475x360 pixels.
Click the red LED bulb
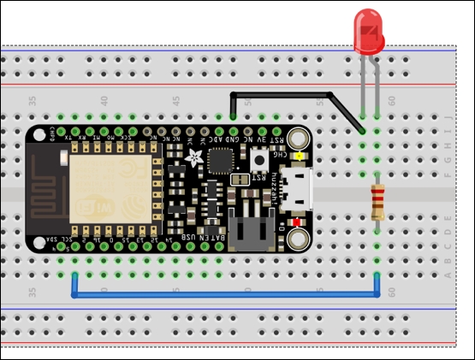[370, 32]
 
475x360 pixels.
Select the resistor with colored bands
[377, 203]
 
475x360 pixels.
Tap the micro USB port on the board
[300, 188]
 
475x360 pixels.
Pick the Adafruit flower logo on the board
[195, 158]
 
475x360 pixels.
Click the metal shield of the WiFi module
[111, 188]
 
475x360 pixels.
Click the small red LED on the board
[297, 222]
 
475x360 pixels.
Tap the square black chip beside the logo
[221, 160]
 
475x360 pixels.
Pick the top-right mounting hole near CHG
[298, 138]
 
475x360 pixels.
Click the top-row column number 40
[104, 101]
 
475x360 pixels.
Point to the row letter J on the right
[447, 117]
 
